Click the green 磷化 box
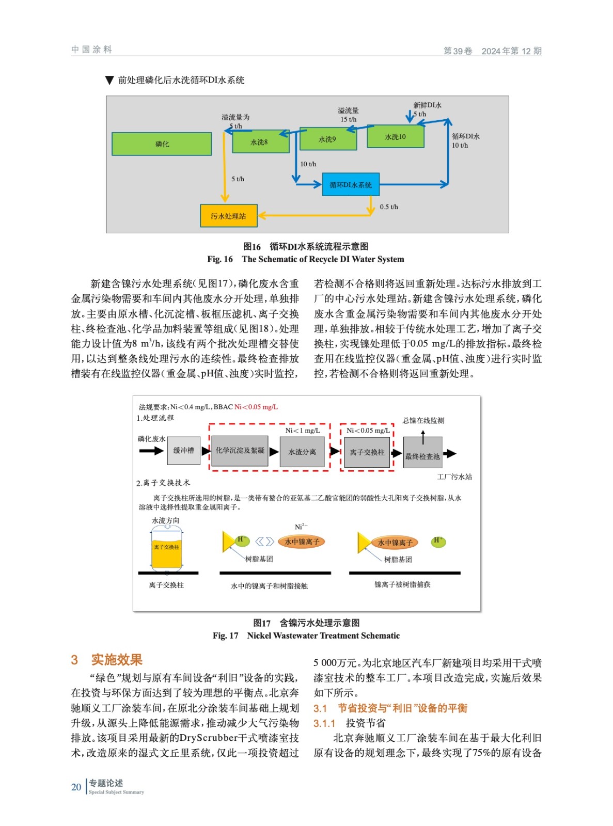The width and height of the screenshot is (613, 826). click(x=162, y=144)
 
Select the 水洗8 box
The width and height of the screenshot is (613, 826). click(x=260, y=142)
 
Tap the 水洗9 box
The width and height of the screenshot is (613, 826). click(x=328, y=139)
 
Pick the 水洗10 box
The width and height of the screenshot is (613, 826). click(x=396, y=137)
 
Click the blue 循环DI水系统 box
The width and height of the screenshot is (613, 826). click(x=351, y=185)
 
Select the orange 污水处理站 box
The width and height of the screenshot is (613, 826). click(x=228, y=216)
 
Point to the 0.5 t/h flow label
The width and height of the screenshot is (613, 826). click(x=389, y=207)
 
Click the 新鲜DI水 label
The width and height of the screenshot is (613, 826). click(x=427, y=105)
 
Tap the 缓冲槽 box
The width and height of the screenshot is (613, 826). click(x=184, y=451)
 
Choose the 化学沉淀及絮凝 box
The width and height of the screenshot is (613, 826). click(x=240, y=451)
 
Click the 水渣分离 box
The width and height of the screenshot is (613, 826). click(x=302, y=452)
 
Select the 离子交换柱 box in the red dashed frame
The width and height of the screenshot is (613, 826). click(x=367, y=452)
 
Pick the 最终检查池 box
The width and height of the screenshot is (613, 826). click(x=422, y=456)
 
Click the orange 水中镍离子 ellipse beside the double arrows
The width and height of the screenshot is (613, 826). click(x=302, y=542)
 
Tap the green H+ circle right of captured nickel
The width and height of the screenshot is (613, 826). click(x=438, y=542)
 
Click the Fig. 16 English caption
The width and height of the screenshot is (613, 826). click(x=306, y=259)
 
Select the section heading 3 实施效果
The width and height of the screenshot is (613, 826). click(x=107, y=660)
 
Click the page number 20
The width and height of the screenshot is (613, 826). click(x=76, y=787)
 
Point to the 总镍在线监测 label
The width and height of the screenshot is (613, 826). click(x=423, y=421)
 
